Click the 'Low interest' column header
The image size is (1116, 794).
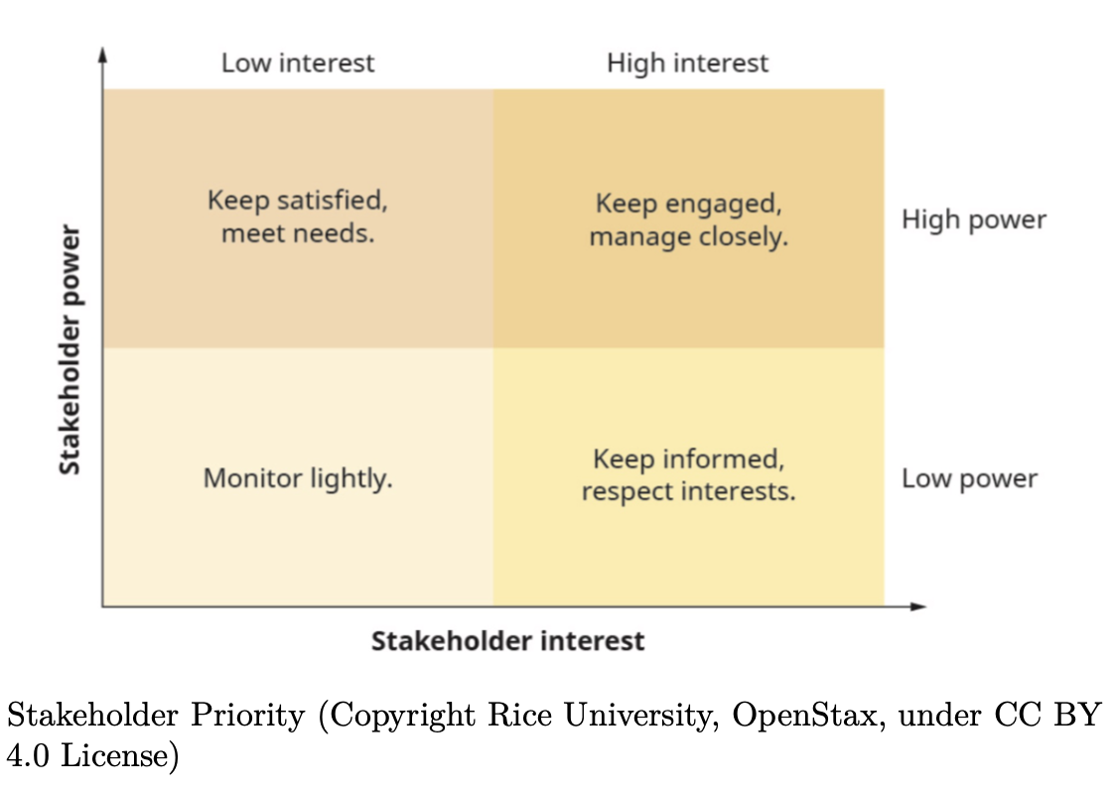(298, 64)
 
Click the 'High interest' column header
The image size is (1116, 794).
(687, 64)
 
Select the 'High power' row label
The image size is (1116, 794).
(973, 219)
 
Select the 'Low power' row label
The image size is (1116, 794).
(969, 478)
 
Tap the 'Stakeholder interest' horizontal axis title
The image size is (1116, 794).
(507, 641)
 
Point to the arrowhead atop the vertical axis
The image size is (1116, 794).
(102, 53)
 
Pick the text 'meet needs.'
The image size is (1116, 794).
(298, 235)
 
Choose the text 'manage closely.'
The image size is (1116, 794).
(688, 238)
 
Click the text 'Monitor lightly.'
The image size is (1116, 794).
(298, 478)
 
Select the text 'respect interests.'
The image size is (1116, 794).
(688, 492)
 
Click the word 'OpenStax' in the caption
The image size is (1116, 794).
(804, 717)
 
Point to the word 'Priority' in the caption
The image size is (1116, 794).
(250, 717)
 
